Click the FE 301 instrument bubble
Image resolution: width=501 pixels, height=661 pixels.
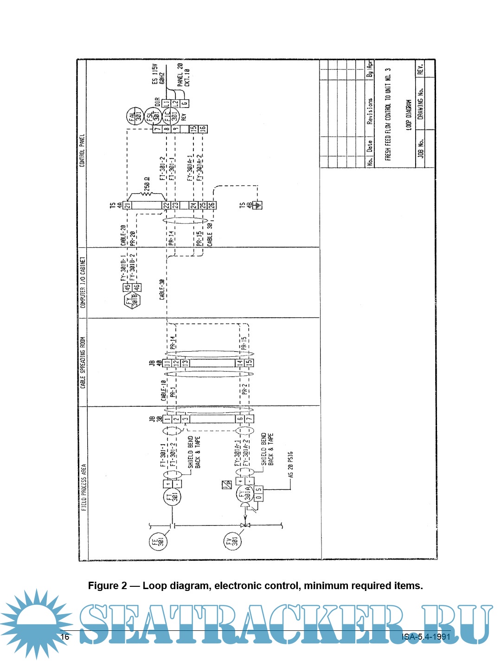point(158,541)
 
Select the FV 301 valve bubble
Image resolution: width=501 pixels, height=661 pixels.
point(232,541)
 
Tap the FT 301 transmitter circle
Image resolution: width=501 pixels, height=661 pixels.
point(172,497)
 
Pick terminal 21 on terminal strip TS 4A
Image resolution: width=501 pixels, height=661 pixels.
point(127,205)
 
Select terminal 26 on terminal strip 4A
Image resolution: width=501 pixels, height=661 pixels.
point(211,205)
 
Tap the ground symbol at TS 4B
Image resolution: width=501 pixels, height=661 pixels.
point(259,205)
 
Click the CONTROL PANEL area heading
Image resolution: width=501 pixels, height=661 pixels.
point(82,151)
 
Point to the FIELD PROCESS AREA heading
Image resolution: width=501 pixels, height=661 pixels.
point(83,487)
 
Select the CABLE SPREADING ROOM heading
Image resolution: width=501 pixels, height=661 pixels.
point(83,362)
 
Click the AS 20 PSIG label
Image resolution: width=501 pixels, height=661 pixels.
point(290,464)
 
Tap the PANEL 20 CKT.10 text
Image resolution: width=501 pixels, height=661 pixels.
point(183,75)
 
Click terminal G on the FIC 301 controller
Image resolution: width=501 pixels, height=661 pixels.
point(184,104)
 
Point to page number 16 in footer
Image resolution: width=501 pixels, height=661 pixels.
point(65,636)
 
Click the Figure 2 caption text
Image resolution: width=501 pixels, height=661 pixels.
point(255,585)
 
